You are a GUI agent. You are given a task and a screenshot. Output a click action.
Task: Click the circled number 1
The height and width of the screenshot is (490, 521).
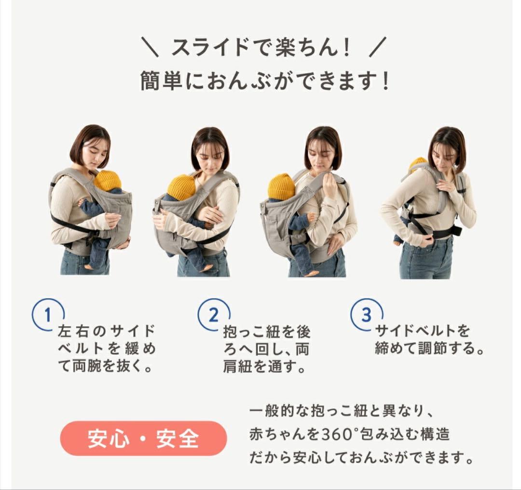point(47,314)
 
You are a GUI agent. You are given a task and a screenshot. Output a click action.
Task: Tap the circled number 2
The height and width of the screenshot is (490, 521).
point(214,314)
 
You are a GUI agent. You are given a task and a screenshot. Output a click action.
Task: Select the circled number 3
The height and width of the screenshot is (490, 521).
point(366,314)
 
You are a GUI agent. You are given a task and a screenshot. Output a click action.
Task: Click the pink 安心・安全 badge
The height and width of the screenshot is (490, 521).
point(144,438)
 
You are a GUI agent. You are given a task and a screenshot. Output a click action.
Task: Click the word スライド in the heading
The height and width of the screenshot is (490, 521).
point(210,47)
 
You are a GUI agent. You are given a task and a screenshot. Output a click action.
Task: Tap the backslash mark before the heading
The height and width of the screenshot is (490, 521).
point(150,47)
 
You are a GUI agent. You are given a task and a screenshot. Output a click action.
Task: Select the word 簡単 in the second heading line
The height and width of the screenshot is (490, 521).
point(161,81)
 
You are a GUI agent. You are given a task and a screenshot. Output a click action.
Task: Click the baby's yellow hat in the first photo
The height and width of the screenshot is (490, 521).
point(107,181)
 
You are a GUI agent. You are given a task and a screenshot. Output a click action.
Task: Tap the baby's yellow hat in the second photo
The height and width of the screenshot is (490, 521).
point(181,188)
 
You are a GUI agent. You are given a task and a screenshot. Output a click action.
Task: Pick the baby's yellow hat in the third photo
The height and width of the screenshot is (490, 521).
point(281,187)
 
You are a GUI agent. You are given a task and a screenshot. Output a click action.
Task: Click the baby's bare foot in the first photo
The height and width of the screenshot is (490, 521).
point(89,266)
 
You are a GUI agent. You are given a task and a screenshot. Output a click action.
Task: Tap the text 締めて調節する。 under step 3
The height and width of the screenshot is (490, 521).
point(429,349)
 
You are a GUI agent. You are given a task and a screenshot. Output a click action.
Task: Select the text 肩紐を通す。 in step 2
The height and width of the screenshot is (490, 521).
point(264,367)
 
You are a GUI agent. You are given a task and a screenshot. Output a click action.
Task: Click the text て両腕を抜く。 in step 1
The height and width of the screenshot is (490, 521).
point(105,366)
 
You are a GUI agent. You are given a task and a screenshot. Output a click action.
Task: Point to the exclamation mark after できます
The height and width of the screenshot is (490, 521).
point(385,81)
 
